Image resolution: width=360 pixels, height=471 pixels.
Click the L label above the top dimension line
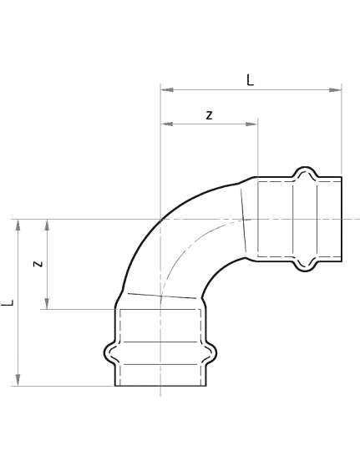[x=250, y=80]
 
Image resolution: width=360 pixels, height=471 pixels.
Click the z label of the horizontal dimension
[x=209, y=115]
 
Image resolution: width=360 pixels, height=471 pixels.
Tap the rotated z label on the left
[x=38, y=264]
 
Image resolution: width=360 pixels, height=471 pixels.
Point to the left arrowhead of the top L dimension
[x=167, y=89]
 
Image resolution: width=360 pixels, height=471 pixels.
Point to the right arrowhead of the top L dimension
[x=335, y=89]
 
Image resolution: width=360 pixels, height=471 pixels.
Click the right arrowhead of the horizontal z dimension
[x=251, y=124]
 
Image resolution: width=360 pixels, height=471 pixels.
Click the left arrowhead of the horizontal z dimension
[x=167, y=124]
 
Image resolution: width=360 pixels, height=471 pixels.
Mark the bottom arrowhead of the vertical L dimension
[x=18, y=380]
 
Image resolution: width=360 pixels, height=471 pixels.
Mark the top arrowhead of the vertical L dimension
[x=18, y=225]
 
